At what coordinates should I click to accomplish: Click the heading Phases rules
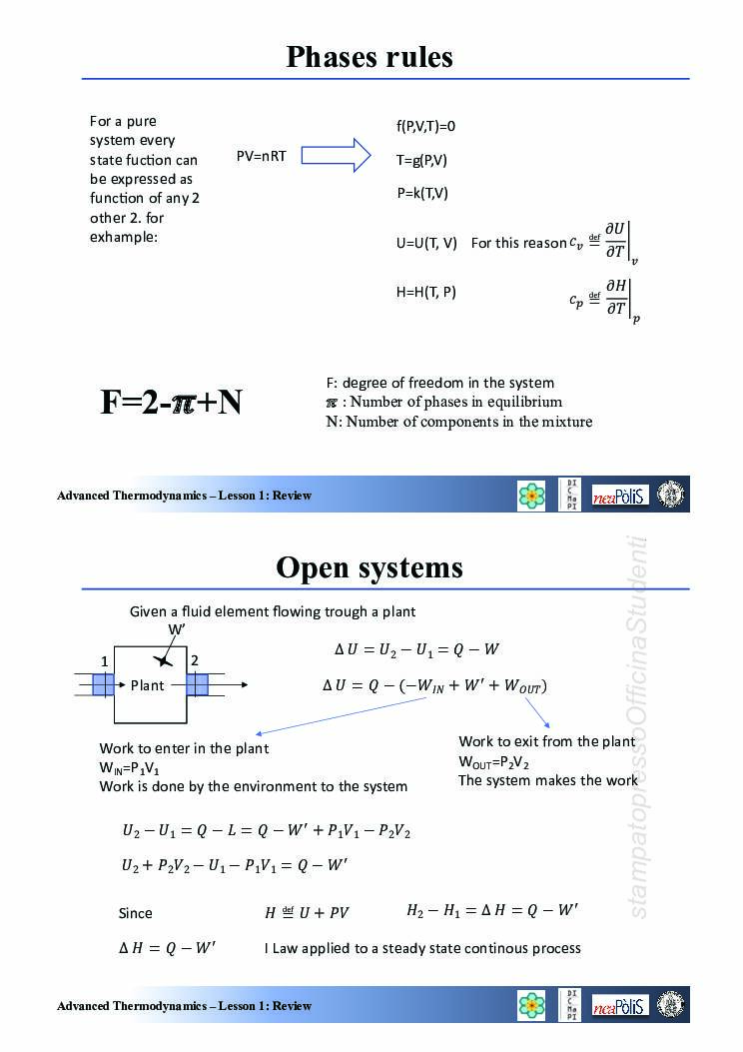[370, 56]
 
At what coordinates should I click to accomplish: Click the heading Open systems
[370, 567]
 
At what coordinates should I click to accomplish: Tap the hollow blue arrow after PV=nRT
[336, 155]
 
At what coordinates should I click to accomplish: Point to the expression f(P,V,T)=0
[425, 126]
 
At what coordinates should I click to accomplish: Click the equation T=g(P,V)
[421, 160]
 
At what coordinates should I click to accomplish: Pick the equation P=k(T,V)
[422, 193]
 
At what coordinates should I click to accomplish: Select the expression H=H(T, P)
[426, 292]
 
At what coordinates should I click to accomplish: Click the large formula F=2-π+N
[171, 402]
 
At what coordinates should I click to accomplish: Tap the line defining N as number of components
[458, 422]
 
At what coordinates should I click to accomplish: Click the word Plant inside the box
[148, 685]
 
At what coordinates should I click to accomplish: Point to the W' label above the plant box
[177, 629]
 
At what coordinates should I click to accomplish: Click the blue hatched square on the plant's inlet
[104, 685]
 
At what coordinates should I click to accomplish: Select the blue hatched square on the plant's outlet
[197, 685]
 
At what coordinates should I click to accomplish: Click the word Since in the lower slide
[136, 913]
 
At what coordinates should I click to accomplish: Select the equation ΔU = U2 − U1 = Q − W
[416, 650]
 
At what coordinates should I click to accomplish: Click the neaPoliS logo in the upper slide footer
[620, 496]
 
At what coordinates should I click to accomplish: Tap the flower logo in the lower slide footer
[532, 1005]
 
